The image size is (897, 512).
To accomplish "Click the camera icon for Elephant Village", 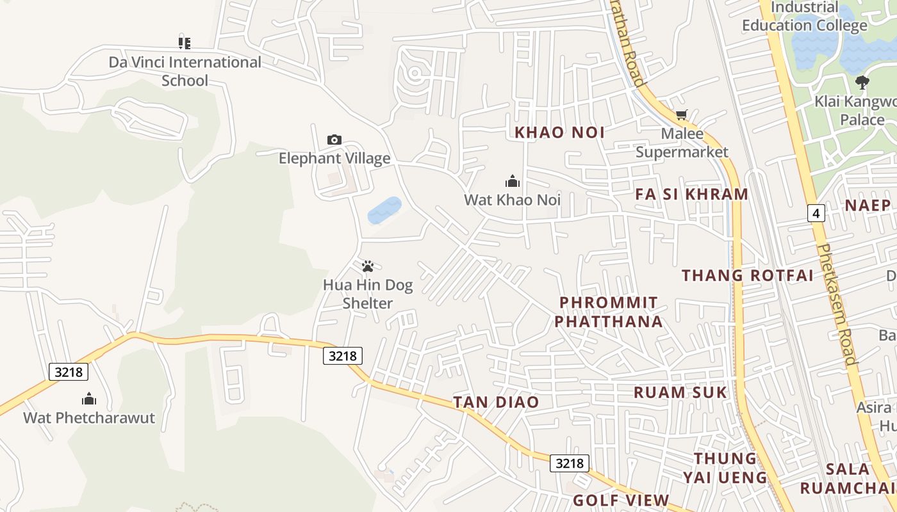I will point(334,140).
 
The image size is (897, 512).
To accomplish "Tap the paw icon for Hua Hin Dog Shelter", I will point(367,266).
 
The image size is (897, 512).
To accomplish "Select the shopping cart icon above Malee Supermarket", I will point(681,116).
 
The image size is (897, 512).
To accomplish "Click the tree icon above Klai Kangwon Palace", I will point(862,82).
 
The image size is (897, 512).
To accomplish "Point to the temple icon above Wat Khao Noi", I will point(512,181).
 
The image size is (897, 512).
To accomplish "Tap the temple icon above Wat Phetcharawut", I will point(89,399).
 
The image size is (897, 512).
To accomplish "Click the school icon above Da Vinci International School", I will point(185,44).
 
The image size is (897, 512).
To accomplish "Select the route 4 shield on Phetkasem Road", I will point(816,213).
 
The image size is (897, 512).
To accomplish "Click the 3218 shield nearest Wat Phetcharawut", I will point(68,371).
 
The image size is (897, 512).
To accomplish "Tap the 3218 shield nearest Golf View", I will point(569,463).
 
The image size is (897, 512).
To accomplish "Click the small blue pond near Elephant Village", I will point(384,210).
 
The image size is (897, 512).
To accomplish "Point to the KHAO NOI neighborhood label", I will point(560,132).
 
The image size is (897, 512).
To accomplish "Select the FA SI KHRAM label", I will point(691,194).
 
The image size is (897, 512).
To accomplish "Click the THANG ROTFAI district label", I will point(747,275).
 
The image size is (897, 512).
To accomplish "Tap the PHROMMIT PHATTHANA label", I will point(608,312).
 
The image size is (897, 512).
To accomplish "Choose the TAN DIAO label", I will point(496,402).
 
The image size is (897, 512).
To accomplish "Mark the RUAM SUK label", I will point(680,392).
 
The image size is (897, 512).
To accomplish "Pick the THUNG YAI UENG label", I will point(725,468).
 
